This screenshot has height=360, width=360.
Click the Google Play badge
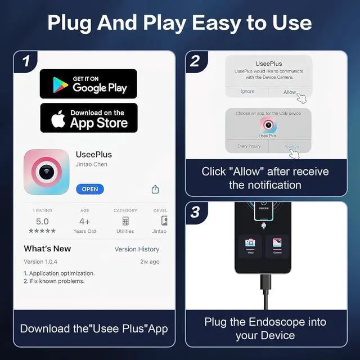(88, 84)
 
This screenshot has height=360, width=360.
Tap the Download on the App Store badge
(88, 118)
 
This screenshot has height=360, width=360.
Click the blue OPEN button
(90, 189)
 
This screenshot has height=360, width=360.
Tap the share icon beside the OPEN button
(155, 190)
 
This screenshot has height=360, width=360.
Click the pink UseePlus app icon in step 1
(46, 172)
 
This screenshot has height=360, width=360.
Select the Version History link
(137, 249)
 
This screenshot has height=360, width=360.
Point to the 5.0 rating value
(42, 222)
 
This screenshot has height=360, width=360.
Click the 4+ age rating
(84, 222)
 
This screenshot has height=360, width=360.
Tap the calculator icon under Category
(125, 221)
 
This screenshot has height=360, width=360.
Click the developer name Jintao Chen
(91, 164)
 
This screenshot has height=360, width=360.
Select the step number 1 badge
(26, 61)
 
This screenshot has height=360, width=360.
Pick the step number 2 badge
(195, 61)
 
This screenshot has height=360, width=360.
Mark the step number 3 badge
(195, 212)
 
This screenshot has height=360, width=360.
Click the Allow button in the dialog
(290, 92)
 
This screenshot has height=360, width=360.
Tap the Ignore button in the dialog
(247, 92)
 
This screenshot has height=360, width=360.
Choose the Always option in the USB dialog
(291, 146)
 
